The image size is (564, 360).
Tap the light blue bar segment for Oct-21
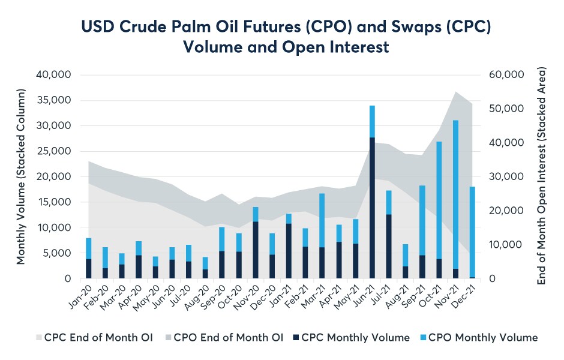pyautogui.click(x=439, y=200)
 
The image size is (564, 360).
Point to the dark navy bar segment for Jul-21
pyautogui.click(x=389, y=246)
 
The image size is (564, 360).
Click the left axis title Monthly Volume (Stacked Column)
pyautogui.click(x=21, y=177)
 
